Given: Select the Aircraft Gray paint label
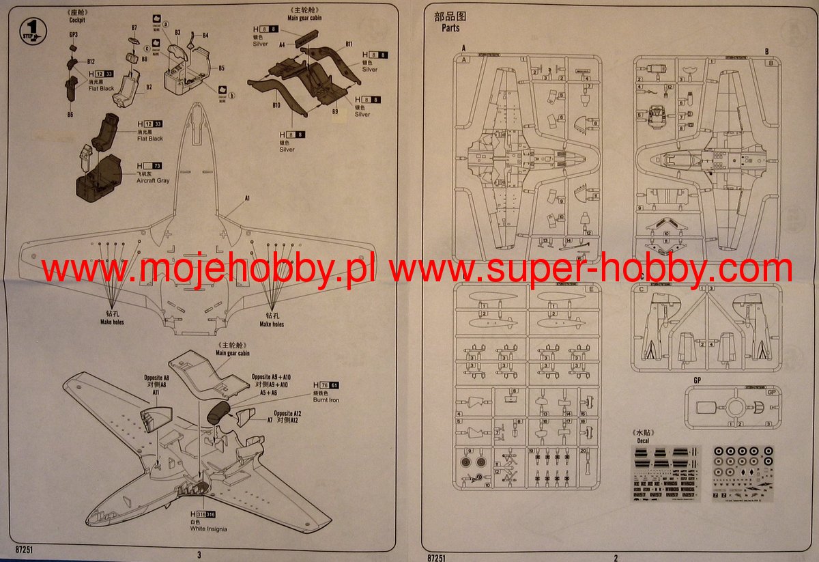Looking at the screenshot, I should tap(153, 180).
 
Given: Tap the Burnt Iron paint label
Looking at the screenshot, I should tap(325, 399).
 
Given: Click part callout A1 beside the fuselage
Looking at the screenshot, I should tap(248, 197).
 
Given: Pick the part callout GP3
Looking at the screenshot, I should tap(74, 34).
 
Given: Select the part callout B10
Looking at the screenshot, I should tap(276, 106).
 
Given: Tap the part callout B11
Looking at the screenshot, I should tap(349, 44).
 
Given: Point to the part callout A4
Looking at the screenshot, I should tap(282, 44).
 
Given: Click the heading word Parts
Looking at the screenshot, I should tap(450, 29).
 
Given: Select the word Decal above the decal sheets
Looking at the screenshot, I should tap(642, 440).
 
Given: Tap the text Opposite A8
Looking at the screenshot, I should tap(156, 377).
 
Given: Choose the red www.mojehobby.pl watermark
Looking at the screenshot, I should tap(210, 270).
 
